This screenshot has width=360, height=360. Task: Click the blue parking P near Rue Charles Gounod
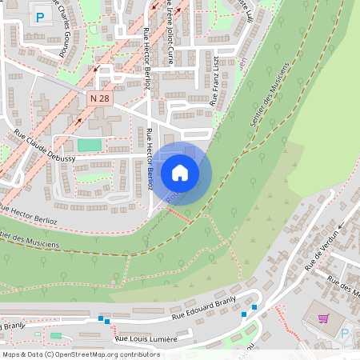click(39, 16)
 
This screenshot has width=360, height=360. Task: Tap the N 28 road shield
click(99, 98)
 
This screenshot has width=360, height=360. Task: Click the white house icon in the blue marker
click(180, 173)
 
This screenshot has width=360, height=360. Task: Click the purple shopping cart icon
click(324, 318)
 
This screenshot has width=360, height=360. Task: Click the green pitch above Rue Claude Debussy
click(90, 145)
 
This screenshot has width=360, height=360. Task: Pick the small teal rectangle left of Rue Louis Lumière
click(56, 335)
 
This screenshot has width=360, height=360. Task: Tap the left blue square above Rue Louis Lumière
click(101, 319)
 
